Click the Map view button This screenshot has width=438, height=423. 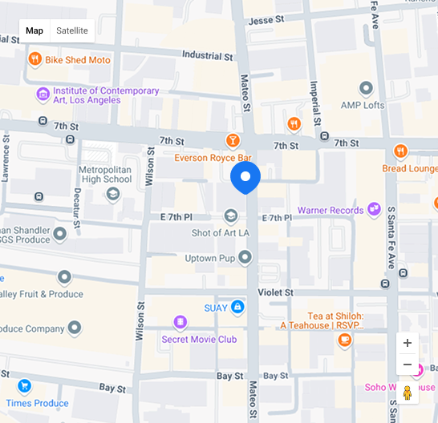(34, 30)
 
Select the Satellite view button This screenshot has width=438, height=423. (72, 30)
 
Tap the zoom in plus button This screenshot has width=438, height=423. (408, 343)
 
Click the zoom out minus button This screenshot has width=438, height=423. (408, 365)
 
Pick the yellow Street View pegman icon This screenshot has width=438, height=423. (408, 393)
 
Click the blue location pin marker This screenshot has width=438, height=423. (245, 178)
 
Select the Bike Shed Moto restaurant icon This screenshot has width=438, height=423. (34, 59)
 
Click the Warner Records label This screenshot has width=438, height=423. (330, 211)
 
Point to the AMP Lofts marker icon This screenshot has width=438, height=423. (367, 88)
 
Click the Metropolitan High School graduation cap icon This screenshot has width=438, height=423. (113, 193)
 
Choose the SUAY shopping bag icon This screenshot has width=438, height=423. (237, 307)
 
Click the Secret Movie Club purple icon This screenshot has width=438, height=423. (180, 323)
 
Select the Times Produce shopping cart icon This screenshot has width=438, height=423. (25, 386)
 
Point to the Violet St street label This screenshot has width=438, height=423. (275, 293)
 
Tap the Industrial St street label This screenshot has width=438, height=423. (207, 56)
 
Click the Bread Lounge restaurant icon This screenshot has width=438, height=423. (401, 151)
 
